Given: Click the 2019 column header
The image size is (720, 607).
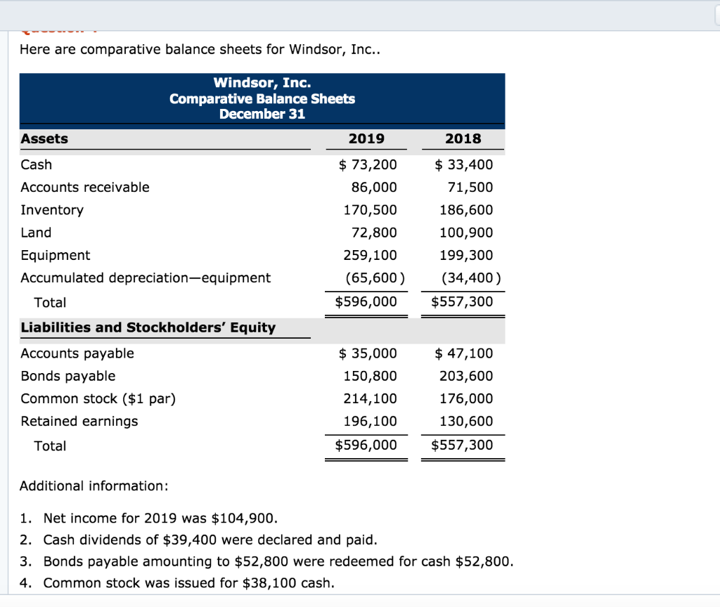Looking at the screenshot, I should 366,138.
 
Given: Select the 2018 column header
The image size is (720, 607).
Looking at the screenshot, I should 463,138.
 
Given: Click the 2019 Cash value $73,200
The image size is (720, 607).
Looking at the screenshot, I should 367,165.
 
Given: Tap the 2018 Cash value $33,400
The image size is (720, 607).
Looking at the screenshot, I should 464,165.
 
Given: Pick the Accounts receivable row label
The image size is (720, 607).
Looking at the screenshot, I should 85,188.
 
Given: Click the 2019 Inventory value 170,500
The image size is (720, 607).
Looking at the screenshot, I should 370,210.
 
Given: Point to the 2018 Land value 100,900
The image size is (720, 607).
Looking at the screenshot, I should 466,233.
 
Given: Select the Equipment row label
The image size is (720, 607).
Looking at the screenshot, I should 56,255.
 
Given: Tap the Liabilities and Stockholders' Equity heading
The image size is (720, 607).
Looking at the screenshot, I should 148,327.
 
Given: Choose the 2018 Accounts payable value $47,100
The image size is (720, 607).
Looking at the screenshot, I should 464,353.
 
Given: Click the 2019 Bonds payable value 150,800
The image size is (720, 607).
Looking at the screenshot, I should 370,376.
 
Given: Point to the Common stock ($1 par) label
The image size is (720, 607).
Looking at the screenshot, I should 98,398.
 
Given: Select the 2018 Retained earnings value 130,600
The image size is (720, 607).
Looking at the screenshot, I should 466,421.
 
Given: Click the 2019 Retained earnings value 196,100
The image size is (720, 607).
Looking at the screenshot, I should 370,421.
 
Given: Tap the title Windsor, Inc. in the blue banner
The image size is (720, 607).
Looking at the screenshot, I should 262,84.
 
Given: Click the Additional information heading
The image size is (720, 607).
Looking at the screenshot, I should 94,486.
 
